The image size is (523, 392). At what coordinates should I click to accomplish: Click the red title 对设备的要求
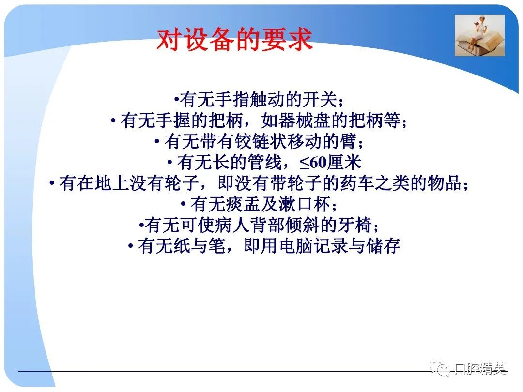pos(234,39)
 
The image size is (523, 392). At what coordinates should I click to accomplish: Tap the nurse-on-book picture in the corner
pos(479,35)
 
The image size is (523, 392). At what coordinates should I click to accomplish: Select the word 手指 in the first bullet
pos(232,100)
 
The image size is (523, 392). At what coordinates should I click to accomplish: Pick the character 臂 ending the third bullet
pos(349,141)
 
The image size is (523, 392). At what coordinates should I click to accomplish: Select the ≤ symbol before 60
pos(304,163)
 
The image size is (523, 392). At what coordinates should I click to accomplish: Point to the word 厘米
pos(344,162)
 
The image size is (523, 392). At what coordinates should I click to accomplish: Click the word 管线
pos(265,162)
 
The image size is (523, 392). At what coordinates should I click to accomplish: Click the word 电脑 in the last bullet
pos(296,246)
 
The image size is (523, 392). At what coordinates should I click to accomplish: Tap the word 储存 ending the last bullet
pos(383,246)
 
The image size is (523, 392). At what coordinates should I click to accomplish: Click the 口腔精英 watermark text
pos(481,368)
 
